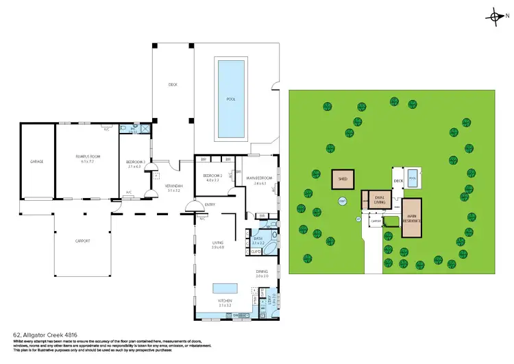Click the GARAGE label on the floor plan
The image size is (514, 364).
36,162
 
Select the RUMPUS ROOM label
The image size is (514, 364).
88,160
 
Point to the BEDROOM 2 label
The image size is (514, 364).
210,178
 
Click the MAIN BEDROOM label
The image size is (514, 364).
259,180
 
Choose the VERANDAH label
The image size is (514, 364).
173,188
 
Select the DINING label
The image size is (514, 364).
262,274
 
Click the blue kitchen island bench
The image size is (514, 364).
223,288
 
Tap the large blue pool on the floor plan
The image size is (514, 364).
231,99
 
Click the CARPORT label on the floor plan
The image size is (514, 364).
82,241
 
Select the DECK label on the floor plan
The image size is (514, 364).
173,85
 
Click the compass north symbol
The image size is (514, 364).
495,16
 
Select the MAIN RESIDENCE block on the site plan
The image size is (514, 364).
412,219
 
